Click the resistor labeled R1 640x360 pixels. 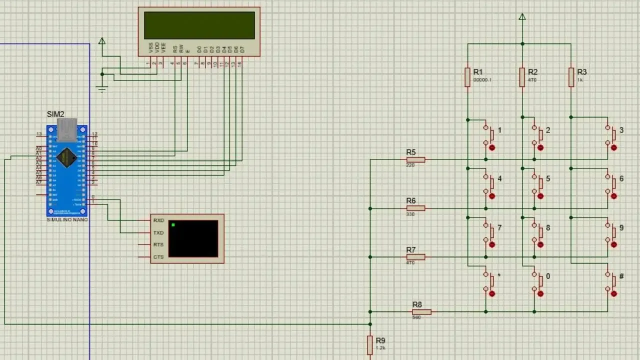tap(467, 77)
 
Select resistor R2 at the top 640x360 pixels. tap(522, 77)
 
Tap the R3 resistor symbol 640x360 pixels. tap(571, 77)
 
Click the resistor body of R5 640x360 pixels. tap(415, 160)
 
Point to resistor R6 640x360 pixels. tap(415, 208)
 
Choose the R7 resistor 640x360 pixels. tap(415, 257)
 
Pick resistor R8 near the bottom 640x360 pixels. tap(421, 312)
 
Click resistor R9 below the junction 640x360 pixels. tap(370, 345)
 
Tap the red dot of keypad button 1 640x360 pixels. tap(492, 148)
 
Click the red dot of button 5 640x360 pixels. tap(540, 196)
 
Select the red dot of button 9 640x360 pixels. tap(614, 245)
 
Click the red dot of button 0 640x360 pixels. tap(540, 294)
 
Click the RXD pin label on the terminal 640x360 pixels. tap(158, 220)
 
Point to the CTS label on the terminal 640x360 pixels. tap(158, 257)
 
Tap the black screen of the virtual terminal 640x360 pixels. tap(193, 238)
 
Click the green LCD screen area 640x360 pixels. tap(199, 25)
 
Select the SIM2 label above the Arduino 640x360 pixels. tap(55, 114)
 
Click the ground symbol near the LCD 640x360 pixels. tap(102, 89)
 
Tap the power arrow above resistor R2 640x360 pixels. tap(522, 17)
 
